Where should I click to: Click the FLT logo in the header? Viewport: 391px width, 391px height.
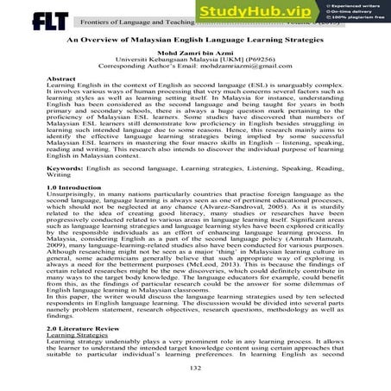tap(28, 16)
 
